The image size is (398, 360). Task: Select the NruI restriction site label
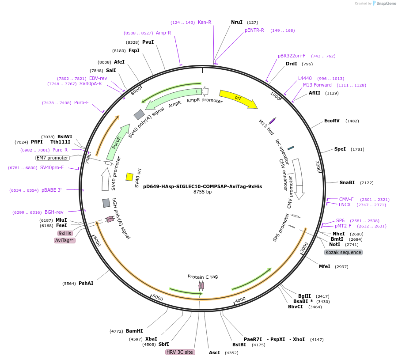tap(237, 22)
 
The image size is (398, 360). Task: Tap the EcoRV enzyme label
tap(332, 121)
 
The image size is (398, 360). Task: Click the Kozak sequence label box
tap(343, 252)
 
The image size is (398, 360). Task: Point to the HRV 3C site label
tap(180, 352)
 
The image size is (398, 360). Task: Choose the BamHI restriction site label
tap(134, 331)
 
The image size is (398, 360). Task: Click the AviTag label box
tap(64, 240)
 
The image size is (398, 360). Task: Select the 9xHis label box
tap(65, 233)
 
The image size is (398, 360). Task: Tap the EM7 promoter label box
tap(53, 158)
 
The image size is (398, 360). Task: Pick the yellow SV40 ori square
tap(129, 177)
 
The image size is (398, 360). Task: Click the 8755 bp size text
tap(202, 192)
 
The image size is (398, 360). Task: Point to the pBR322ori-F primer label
tap(292, 56)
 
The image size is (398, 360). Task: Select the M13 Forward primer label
tap(317, 85)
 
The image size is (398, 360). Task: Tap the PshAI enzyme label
tap(86, 283)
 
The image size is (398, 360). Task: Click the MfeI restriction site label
tap(324, 266)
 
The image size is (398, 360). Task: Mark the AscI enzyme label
tap(214, 352)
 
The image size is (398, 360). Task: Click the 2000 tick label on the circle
tap(317, 167)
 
